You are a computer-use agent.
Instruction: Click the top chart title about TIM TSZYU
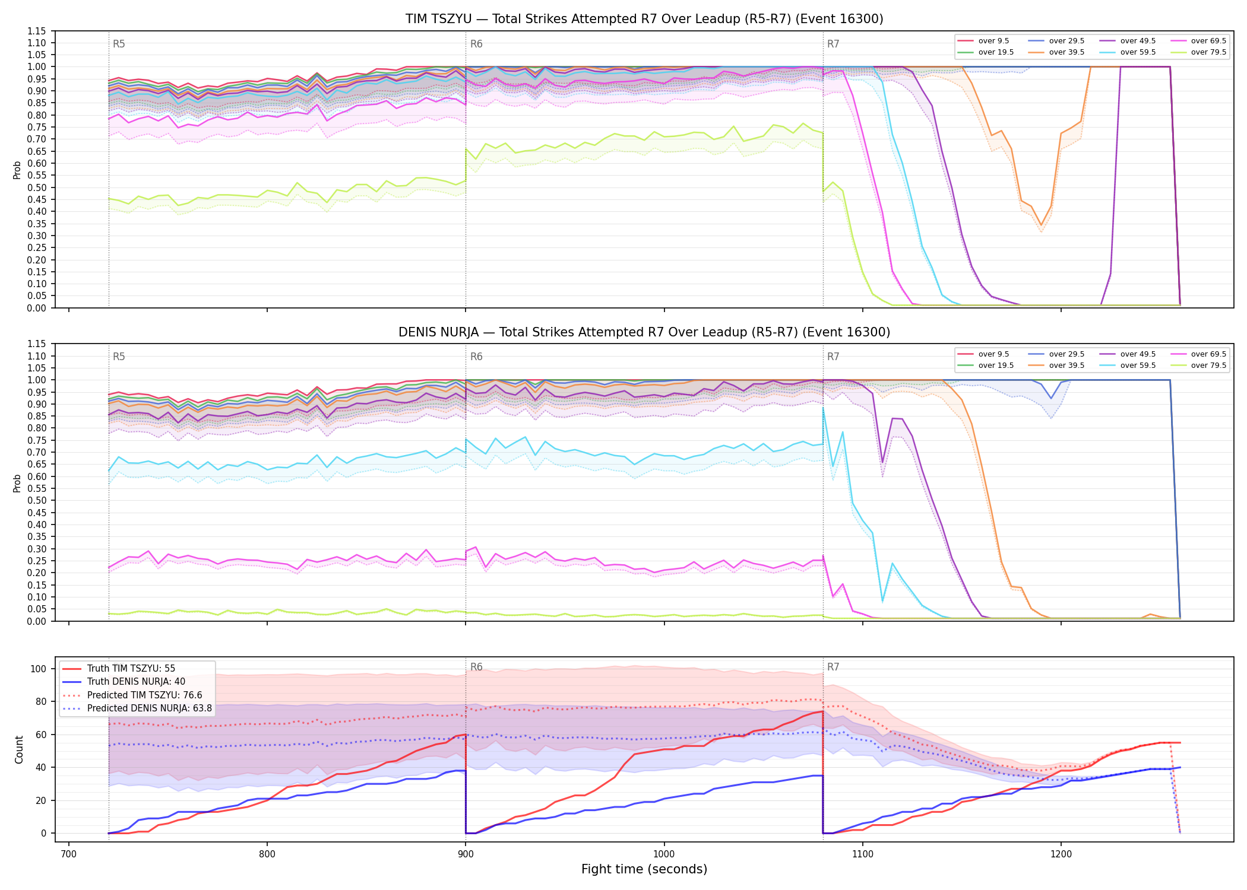(644, 19)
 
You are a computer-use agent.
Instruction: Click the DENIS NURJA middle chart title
(644, 332)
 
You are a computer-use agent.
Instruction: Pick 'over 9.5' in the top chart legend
(993, 41)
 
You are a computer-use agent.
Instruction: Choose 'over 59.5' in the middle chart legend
(1138, 365)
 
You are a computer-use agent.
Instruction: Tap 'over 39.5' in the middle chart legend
(1066, 365)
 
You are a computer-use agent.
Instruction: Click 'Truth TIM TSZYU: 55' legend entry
(131, 668)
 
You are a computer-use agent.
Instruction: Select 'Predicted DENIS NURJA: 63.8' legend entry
(150, 708)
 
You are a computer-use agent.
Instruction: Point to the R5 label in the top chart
(119, 44)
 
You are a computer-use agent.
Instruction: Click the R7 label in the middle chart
(833, 357)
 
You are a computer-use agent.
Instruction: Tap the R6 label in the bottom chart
(476, 667)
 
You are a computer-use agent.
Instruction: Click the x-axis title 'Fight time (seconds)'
(644, 869)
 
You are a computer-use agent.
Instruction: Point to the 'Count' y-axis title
(19, 750)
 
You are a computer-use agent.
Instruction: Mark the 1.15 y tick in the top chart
(37, 31)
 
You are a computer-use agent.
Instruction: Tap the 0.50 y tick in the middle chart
(37, 500)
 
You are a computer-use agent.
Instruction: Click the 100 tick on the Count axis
(39, 669)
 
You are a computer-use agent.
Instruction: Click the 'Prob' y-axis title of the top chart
(17, 170)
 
